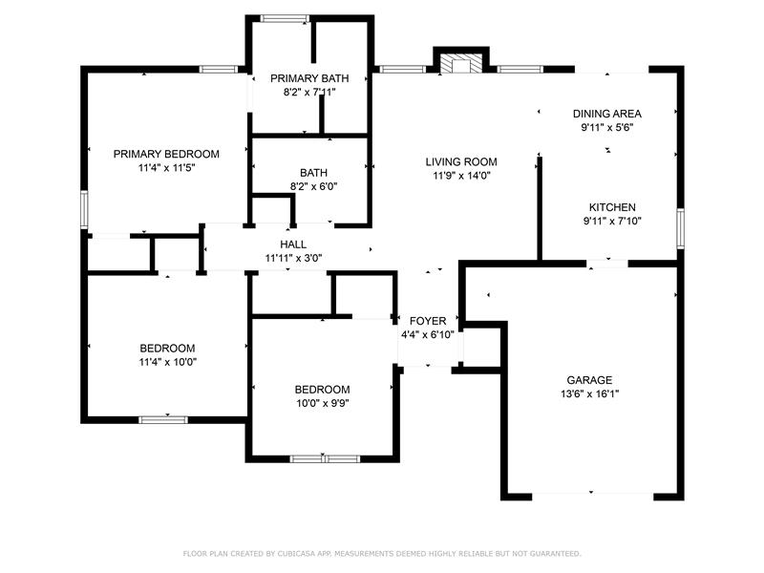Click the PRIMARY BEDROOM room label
click(166, 154)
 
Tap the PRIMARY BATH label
click(309, 78)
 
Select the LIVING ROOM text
click(461, 161)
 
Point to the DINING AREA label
click(607, 114)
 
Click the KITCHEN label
click(612, 207)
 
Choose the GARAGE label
click(589, 380)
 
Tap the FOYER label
click(428, 321)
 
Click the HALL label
click(293, 244)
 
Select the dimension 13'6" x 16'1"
click(589, 393)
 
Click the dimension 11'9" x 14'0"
click(461, 176)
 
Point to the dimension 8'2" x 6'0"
click(314, 186)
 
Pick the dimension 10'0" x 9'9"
click(323, 403)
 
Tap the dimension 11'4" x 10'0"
click(168, 362)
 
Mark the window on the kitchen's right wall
click(681, 228)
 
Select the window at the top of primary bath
click(285, 18)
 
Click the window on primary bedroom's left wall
click(84, 209)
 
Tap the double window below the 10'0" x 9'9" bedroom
click(325, 459)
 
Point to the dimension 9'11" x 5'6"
click(607, 128)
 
